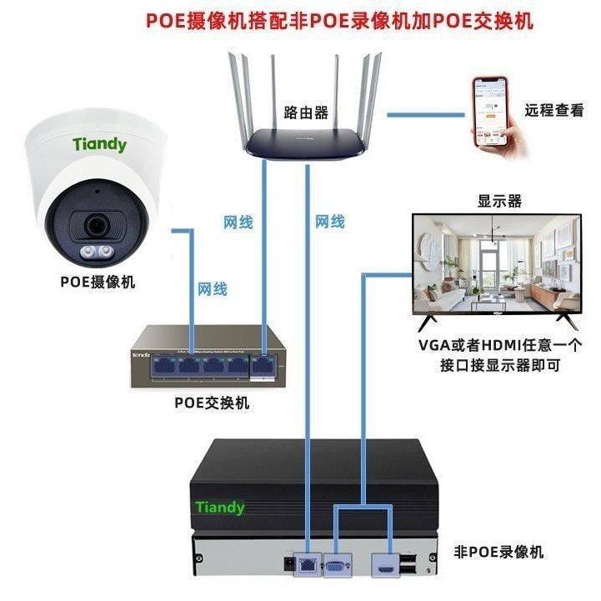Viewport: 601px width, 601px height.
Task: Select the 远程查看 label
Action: click(553, 110)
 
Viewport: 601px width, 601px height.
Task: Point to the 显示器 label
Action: click(498, 201)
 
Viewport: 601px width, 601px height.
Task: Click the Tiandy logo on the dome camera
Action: click(99, 144)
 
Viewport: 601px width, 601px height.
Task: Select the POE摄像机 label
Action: click(97, 282)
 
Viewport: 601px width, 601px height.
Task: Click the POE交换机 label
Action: click(212, 403)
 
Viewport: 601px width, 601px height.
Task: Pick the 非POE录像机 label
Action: click(498, 552)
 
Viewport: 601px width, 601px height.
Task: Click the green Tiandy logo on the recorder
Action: click(220, 507)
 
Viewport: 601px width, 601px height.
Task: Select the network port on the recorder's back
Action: click(308, 564)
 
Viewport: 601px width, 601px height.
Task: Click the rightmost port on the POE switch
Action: click(263, 364)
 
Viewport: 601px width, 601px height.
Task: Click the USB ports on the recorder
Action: click(409, 563)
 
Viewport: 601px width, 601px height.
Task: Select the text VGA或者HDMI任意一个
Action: click(499, 345)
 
